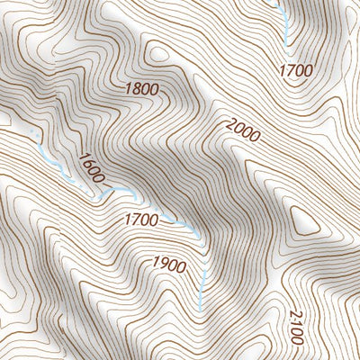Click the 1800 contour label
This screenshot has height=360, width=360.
143,88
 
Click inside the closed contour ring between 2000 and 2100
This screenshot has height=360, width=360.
303,219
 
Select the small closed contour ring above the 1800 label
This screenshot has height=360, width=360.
160,54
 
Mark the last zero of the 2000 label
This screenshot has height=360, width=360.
254,138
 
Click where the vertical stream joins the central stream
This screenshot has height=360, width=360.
200,237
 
